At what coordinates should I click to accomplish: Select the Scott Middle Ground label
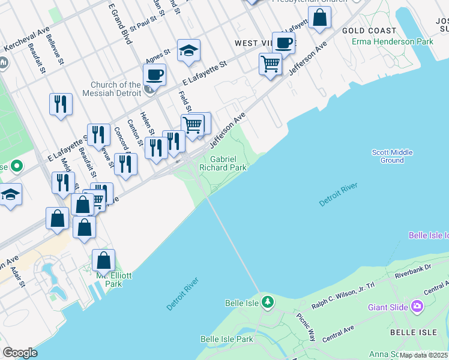click(x=392, y=156)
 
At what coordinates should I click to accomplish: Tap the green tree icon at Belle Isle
click(x=268, y=301)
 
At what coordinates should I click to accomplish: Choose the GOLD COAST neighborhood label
click(x=369, y=31)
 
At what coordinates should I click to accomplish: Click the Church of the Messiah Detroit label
click(x=116, y=89)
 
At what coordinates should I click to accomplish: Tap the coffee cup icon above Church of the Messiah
click(x=154, y=75)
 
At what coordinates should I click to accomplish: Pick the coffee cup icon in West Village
click(x=283, y=43)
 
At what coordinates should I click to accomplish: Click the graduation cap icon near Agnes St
click(x=188, y=50)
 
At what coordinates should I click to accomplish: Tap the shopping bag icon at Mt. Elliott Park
click(x=103, y=260)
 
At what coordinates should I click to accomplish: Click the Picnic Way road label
click(x=310, y=328)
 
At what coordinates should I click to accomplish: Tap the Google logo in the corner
click(x=20, y=352)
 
